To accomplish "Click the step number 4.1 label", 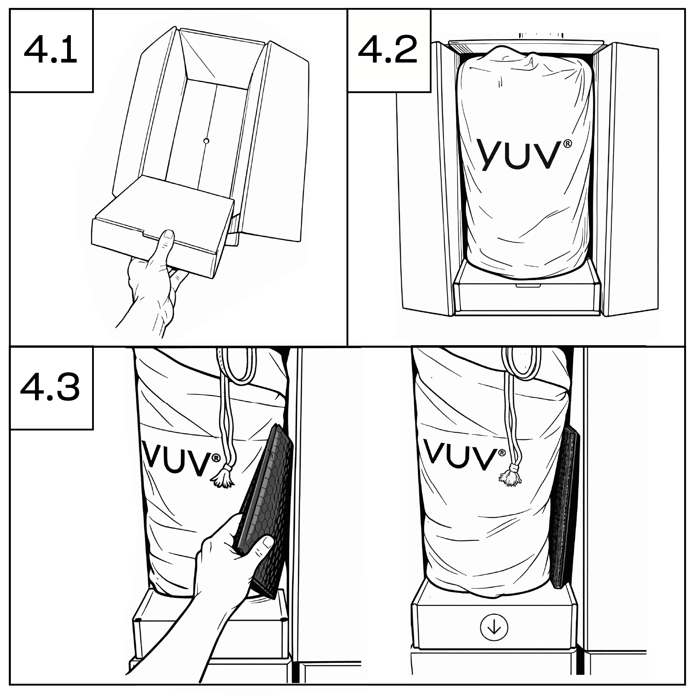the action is pos(50,50).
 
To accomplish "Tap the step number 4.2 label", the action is pos(387,50).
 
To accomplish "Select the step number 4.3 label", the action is pos(50,387).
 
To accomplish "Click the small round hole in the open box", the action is pos(206,141).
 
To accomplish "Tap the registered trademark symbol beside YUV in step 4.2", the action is pos(567,144).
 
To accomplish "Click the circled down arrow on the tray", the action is pos(494,627).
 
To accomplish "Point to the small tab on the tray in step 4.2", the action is pos(527,286).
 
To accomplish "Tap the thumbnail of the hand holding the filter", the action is pos(266,542).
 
